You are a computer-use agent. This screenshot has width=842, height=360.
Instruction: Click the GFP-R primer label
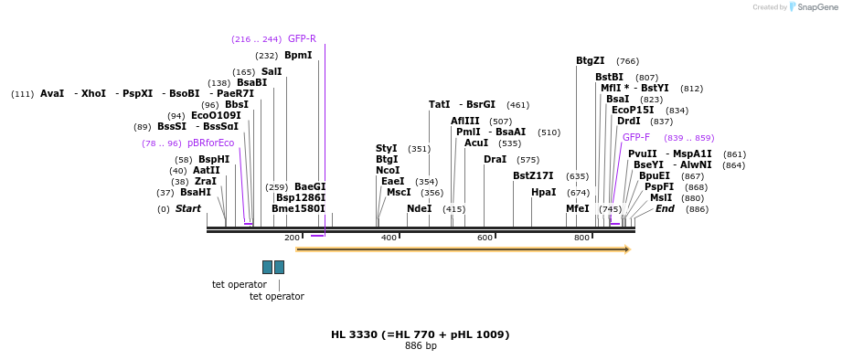pyautogui.click(x=302, y=39)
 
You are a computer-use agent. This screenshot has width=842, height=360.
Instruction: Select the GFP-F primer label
pyautogui.click(x=636, y=138)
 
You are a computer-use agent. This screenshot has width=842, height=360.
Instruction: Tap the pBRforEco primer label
pyautogui.click(x=210, y=143)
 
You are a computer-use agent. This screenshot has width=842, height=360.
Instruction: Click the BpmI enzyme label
pyautogui.click(x=298, y=56)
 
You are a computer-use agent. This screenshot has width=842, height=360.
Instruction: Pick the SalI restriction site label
pyautogui.click(x=272, y=72)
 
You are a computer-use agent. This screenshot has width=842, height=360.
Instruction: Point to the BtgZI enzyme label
pyautogui.click(x=590, y=61)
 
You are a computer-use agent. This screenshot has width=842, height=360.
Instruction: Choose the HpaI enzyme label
pyautogui.click(x=543, y=193)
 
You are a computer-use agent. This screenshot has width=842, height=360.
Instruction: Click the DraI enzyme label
pyautogui.click(x=495, y=160)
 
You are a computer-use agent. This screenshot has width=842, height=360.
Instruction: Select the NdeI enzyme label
pyautogui.click(x=419, y=209)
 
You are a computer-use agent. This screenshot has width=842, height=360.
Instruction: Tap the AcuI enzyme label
pyautogui.click(x=475, y=143)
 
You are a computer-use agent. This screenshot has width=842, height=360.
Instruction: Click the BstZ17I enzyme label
pyautogui.click(x=533, y=176)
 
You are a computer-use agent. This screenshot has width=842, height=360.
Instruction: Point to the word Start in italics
pyautogui.click(x=188, y=209)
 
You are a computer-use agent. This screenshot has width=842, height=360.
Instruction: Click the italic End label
pyautogui.click(x=665, y=209)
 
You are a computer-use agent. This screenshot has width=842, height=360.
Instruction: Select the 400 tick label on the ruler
pyautogui.click(x=389, y=238)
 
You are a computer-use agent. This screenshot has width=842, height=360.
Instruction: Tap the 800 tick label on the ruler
pyautogui.click(x=581, y=238)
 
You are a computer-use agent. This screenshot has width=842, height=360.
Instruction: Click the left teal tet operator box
pyautogui.click(x=267, y=267)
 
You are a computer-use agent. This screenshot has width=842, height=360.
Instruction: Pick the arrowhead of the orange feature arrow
pyautogui.click(x=627, y=249)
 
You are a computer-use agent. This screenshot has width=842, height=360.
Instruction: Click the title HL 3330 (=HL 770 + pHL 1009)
pyautogui.click(x=420, y=335)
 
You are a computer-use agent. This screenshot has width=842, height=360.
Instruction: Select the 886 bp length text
pyautogui.click(x=421, y=346)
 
